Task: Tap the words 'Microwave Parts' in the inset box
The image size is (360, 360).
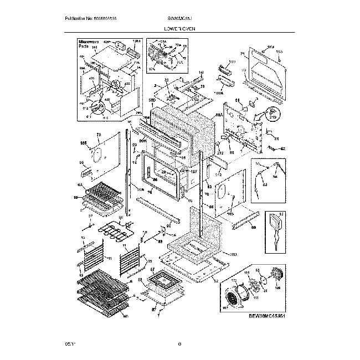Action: point(88,45)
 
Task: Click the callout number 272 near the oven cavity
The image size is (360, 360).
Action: point(219,153)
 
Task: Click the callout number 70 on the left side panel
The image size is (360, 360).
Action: point(99,135)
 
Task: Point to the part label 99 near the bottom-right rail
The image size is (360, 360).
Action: point(254,228)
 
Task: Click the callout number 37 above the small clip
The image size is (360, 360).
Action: point(90,217)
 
